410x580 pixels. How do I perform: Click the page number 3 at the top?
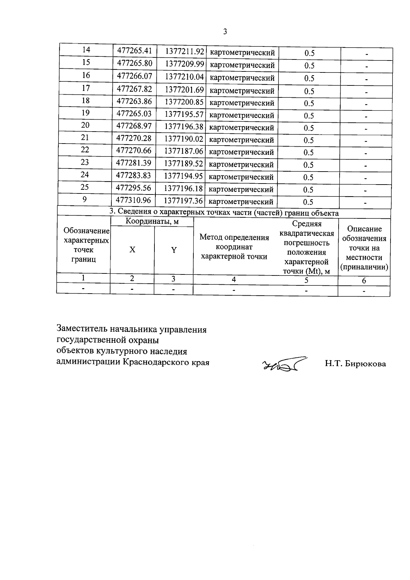coord(225,32)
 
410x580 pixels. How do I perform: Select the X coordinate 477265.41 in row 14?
coord(135,51)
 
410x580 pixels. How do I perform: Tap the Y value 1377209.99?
coord(184,64)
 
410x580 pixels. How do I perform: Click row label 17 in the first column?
coord(86,88)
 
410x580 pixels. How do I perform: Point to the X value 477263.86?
coord(134,101)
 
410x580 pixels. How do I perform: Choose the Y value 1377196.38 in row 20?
coord(184,126)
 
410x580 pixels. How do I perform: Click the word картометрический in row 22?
coord(241,152)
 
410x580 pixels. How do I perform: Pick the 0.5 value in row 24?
coord(308,177)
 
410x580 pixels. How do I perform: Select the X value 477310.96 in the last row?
coord(133,200)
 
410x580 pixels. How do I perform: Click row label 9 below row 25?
coord(85,199)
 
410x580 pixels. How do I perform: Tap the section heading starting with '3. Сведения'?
coord(224,213)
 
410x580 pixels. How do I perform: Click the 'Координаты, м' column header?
coord(152,221)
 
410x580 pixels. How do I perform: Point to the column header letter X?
coord(132,250)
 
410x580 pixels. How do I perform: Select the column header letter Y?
coord(174,250)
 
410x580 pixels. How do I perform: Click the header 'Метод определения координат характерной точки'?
coord(234,246)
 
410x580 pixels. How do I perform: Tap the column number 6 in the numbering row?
coord(364,281)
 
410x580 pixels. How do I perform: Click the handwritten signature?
coord(284,365)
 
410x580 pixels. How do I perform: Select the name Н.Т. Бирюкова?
coord(355,364)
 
